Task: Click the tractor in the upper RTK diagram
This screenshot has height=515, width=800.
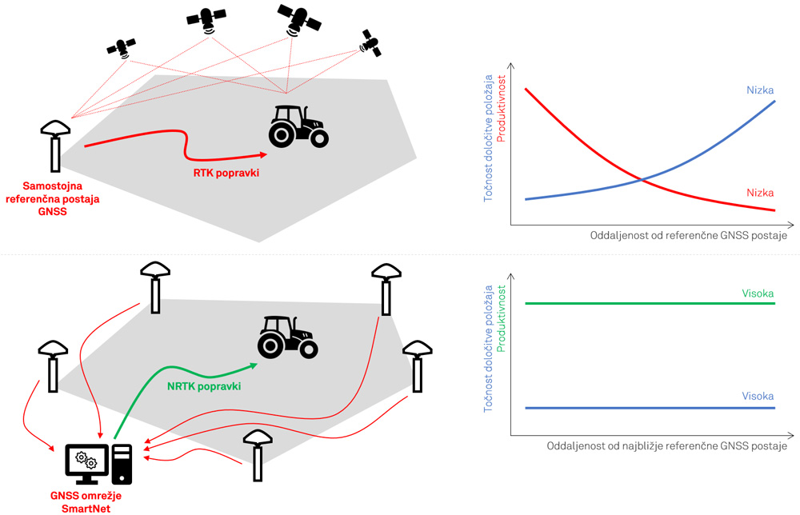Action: (298, 126)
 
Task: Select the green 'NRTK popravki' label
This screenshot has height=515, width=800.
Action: (205, 386)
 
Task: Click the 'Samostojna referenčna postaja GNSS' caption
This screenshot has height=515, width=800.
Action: (53, 198)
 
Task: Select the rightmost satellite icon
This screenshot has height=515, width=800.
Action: (370, 43)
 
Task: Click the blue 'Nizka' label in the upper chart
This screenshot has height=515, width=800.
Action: (760, 90)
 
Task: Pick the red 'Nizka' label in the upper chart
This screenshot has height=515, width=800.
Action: (760, 193)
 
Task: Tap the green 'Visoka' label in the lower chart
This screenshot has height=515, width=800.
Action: (758, 293)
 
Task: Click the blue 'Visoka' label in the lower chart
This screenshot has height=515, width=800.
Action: (758, 397)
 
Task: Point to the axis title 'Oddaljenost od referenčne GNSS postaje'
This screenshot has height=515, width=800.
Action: (688, 236)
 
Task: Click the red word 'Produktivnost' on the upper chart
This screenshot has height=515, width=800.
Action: (502, 107)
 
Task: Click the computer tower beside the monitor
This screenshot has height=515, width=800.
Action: (122, 465)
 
